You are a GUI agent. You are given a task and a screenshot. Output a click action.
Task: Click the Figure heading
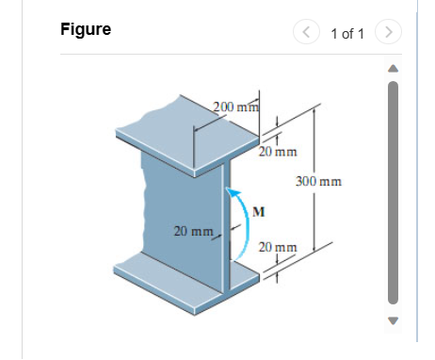[x=85, y=29]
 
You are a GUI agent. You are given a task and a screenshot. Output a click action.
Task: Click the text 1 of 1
[x=347, y=34]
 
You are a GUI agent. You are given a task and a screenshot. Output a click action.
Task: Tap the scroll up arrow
[x=394, y=69]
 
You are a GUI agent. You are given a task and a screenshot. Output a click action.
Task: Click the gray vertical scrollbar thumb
[x=394, y=192]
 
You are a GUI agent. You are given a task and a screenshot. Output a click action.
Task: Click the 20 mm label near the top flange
[x=279, y=151]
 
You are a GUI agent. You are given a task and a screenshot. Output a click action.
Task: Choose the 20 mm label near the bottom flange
[x=278, y=247]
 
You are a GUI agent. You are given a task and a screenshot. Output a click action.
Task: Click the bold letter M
[x=255, y=210]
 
